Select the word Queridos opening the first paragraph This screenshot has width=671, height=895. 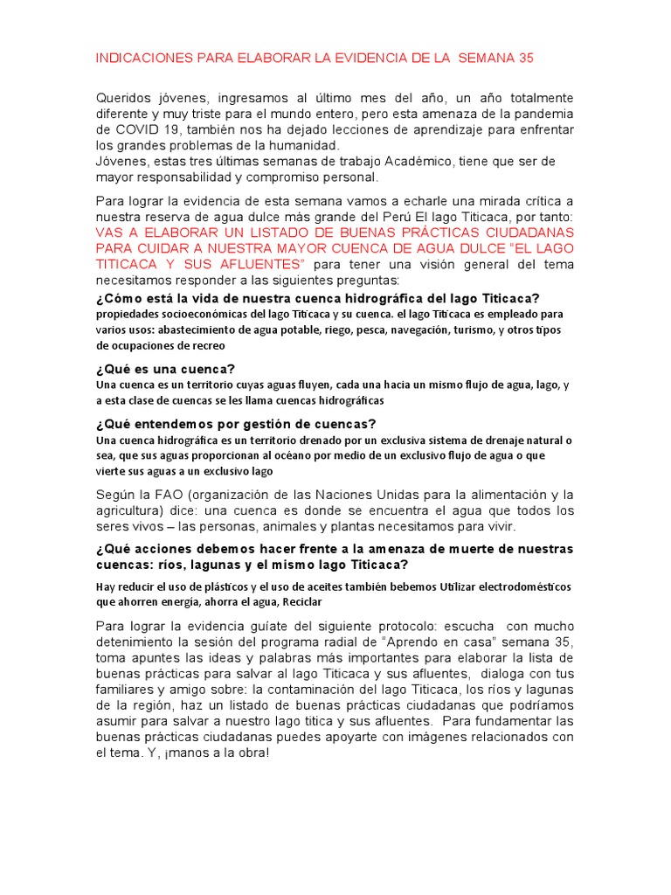122,98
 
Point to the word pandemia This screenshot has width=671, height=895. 543,114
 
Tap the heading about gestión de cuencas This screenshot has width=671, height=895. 236,424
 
